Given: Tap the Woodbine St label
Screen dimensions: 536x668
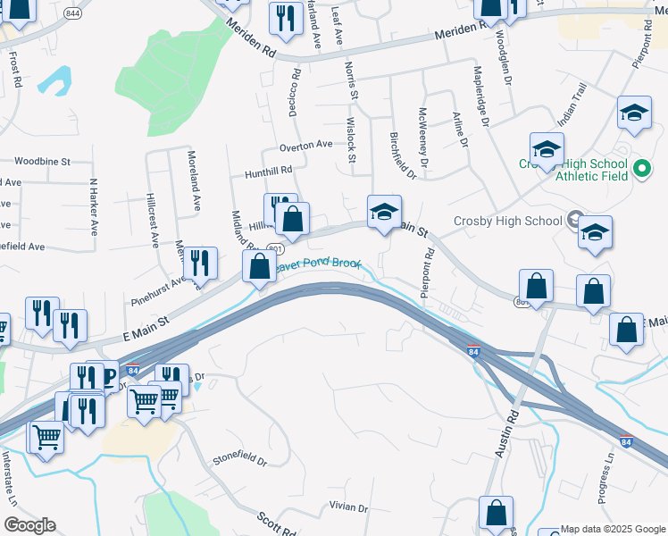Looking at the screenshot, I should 42,162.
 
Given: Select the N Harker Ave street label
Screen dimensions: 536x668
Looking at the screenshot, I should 93,205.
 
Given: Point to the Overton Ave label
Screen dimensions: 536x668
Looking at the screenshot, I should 305,145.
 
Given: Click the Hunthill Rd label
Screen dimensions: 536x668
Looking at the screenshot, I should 262,171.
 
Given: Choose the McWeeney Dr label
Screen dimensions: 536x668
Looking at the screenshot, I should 423,138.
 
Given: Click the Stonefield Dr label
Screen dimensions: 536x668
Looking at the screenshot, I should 239,461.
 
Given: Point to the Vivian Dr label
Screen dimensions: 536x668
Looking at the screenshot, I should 348,507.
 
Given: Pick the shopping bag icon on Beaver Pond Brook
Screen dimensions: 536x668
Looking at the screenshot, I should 259,266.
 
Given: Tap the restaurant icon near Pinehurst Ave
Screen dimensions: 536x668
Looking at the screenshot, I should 200,263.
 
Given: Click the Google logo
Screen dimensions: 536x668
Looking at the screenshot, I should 29,525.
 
